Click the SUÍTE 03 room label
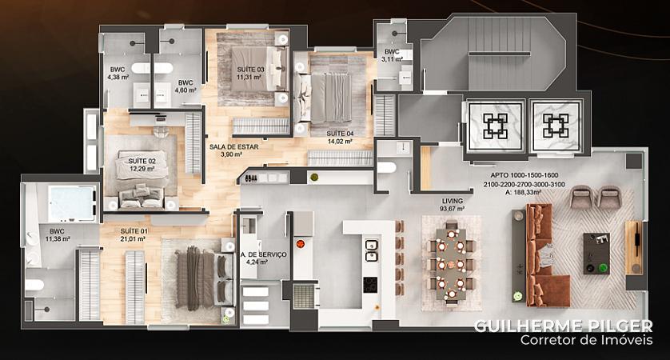coord(251,70)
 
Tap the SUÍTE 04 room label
coord(340,134)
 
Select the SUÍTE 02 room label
coord(142,161)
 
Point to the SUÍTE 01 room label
coord(134,231)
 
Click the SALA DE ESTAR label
coord(233,146)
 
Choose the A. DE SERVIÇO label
coord(263,254)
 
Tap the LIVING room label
coord(452,201)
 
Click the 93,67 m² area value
coord(452,209)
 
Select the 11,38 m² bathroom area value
coord(58,239)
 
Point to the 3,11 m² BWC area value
coord(393,59)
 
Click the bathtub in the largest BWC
coord(72,203)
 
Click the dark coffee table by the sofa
coord(596,254)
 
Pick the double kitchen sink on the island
coord(371,250)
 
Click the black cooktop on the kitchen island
coord(370,285)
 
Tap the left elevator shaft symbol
coord(496,126)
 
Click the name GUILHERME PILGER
coord(563,326)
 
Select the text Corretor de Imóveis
coord(587,340)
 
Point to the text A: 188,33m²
coord(524,192)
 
